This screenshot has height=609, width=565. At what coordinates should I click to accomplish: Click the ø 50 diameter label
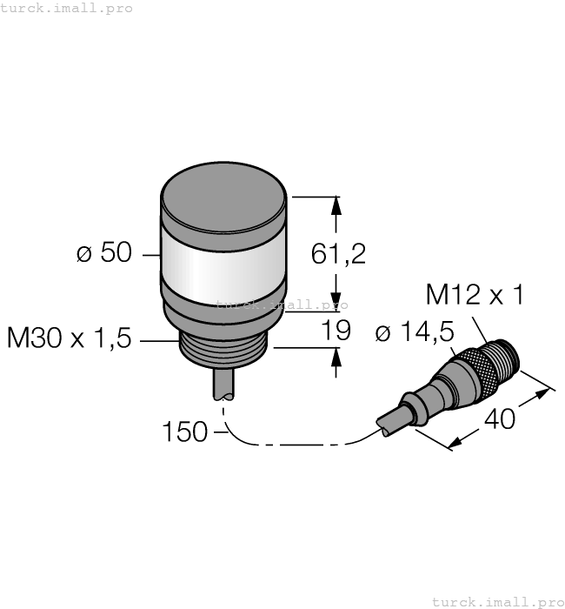(x=103, y=254)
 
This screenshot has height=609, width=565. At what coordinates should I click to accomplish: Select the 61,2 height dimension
(x=338, y=254)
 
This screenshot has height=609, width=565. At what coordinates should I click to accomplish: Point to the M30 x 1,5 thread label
(x=69, y=338)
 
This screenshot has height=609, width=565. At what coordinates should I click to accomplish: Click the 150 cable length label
(x=184, y=432)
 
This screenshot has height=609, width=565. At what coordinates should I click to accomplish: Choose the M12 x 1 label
(x=475, y=296)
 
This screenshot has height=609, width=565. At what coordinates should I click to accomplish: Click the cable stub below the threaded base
(x=223, y=384)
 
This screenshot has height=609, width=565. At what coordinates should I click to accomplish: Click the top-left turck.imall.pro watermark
(x=67, y=8)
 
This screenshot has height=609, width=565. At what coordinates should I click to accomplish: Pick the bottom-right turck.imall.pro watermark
(x=497, y=601)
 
